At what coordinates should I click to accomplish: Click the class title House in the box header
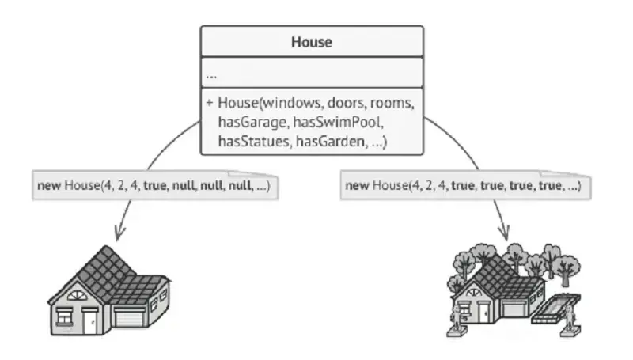point(312,42)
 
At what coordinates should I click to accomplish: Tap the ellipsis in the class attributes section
point(211,76)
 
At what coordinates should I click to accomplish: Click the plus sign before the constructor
point(209,103)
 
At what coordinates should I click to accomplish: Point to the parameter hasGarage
point(253,122)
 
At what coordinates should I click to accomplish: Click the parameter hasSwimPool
point(338,122)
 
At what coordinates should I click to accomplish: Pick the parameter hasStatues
point(254,142)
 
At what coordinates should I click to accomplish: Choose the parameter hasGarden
point(332,142)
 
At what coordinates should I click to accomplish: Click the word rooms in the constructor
point(392,103)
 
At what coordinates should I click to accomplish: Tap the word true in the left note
point(155,186)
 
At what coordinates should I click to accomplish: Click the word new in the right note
point(357,186)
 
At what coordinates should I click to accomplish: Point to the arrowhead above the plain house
point(119,233)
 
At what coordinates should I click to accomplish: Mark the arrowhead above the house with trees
point(504,233)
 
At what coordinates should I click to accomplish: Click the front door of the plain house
point(90,322)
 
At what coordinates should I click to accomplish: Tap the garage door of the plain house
point(129,317)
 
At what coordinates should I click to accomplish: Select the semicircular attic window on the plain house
point(77,295)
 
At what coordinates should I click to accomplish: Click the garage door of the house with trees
point(514,309)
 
